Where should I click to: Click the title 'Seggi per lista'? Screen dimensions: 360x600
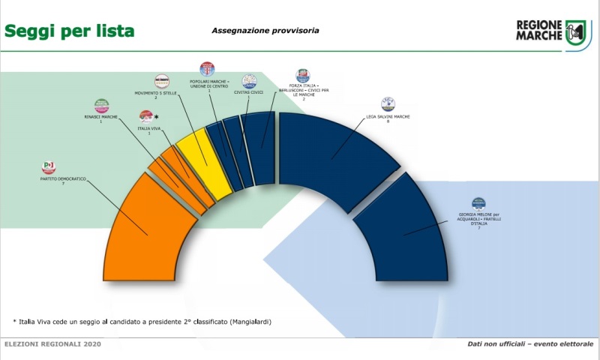[70, 31]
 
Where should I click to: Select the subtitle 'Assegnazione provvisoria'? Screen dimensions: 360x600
[265, 31]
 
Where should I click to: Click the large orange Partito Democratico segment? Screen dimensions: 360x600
[146, 232]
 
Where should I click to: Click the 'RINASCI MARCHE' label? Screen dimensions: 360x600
[100, 117]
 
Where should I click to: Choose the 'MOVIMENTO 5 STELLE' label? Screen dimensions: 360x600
[155, 94]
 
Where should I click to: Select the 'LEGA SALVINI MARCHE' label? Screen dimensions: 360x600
[388, 117]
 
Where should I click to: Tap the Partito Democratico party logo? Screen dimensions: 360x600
[49, 166]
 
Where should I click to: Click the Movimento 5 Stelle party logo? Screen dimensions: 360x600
[161, 81]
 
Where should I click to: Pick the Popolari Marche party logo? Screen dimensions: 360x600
[207, 69]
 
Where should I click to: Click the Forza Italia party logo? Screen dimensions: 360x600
[303, 75]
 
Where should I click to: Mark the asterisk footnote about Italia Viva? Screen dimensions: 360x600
[142, 322]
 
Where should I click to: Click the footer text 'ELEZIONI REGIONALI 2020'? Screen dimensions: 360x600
[52, 344]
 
